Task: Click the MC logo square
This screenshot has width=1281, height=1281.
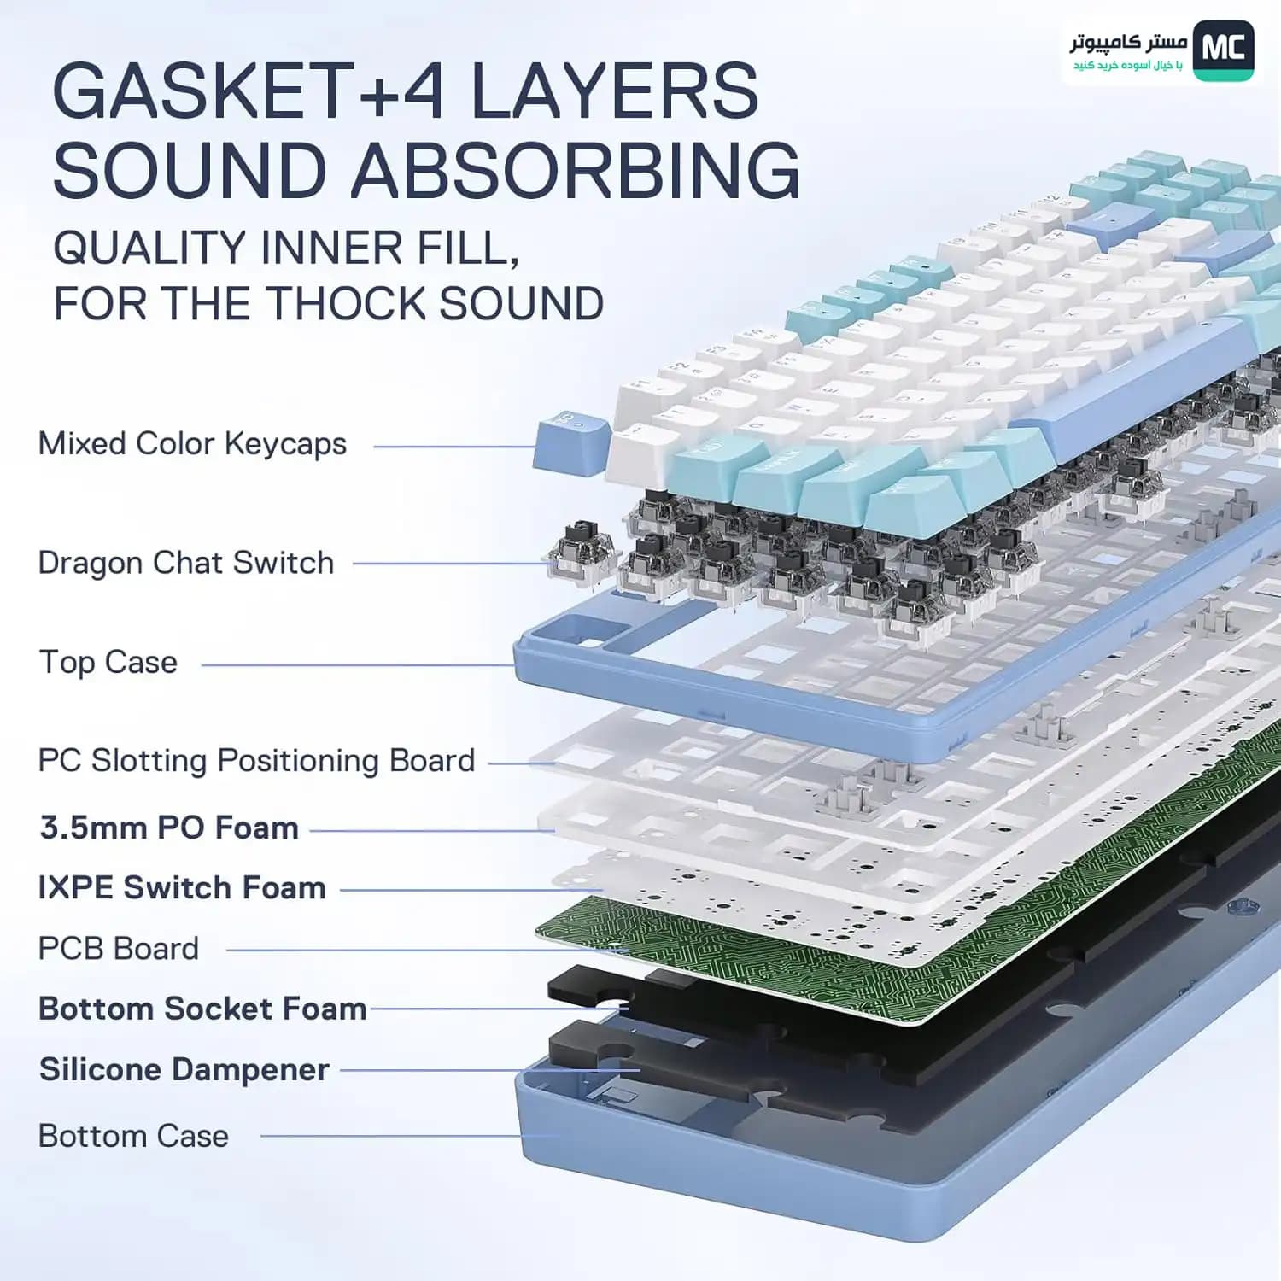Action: (1223, 50)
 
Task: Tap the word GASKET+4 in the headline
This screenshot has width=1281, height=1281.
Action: (249, 91)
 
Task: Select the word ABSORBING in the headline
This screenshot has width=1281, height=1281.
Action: (576, 170)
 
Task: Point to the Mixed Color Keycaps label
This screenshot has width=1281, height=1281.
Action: (192, 444)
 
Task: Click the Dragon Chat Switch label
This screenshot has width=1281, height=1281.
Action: (186, 563)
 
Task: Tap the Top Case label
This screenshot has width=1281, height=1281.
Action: (108, 663)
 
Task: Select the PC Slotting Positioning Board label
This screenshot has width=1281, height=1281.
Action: (256, 761)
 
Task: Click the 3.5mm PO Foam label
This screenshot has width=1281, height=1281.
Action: (169, 828)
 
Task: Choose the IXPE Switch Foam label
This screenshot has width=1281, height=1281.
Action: (182, 887)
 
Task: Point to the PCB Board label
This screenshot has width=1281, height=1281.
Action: (119, 949)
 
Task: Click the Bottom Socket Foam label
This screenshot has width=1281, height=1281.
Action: (203, 1009)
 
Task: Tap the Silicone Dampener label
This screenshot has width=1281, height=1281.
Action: (184, 1069)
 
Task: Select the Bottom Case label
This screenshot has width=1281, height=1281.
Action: (133, 1136)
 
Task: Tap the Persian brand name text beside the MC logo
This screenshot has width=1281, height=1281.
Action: (1128, 43)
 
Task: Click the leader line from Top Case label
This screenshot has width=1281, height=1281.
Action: (359, 665)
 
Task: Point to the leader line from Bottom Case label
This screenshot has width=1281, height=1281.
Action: (410, 1136)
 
